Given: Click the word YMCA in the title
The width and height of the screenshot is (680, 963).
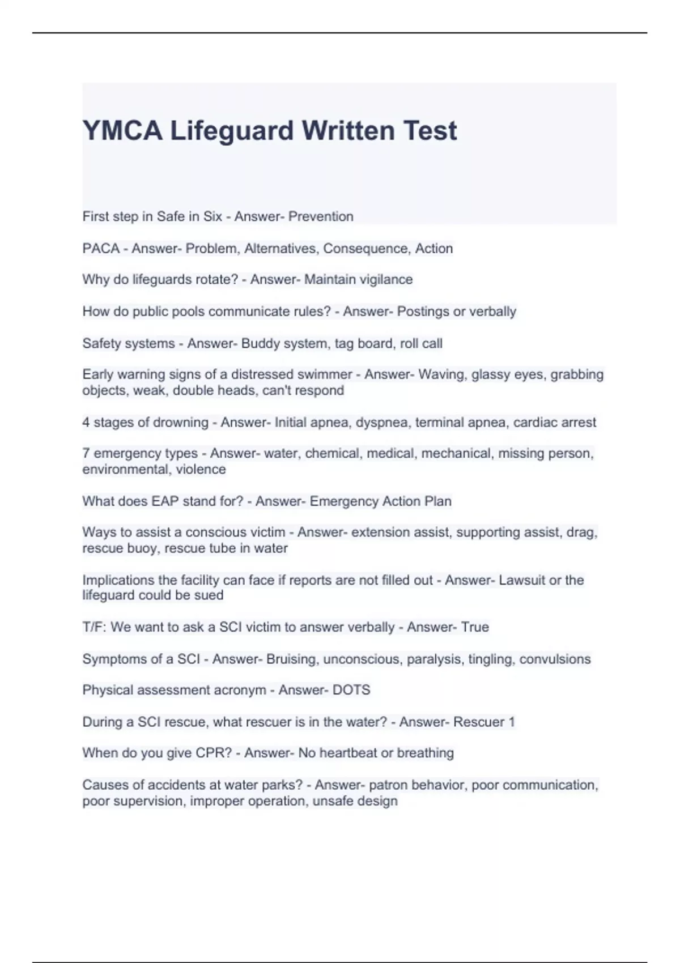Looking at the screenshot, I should tap(122, 131).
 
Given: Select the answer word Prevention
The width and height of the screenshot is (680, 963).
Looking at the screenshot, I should tap(321, 216).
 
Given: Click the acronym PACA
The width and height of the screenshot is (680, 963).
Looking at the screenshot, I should tap(101, 248).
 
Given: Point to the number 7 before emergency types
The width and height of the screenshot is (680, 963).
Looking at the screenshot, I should tap(86, 453).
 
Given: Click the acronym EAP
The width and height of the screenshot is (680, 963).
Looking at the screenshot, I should tap(164, 501).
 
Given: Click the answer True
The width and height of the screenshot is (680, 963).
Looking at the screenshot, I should tap(475, 627).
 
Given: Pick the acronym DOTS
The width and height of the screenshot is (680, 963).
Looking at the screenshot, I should tap(351, 690).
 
